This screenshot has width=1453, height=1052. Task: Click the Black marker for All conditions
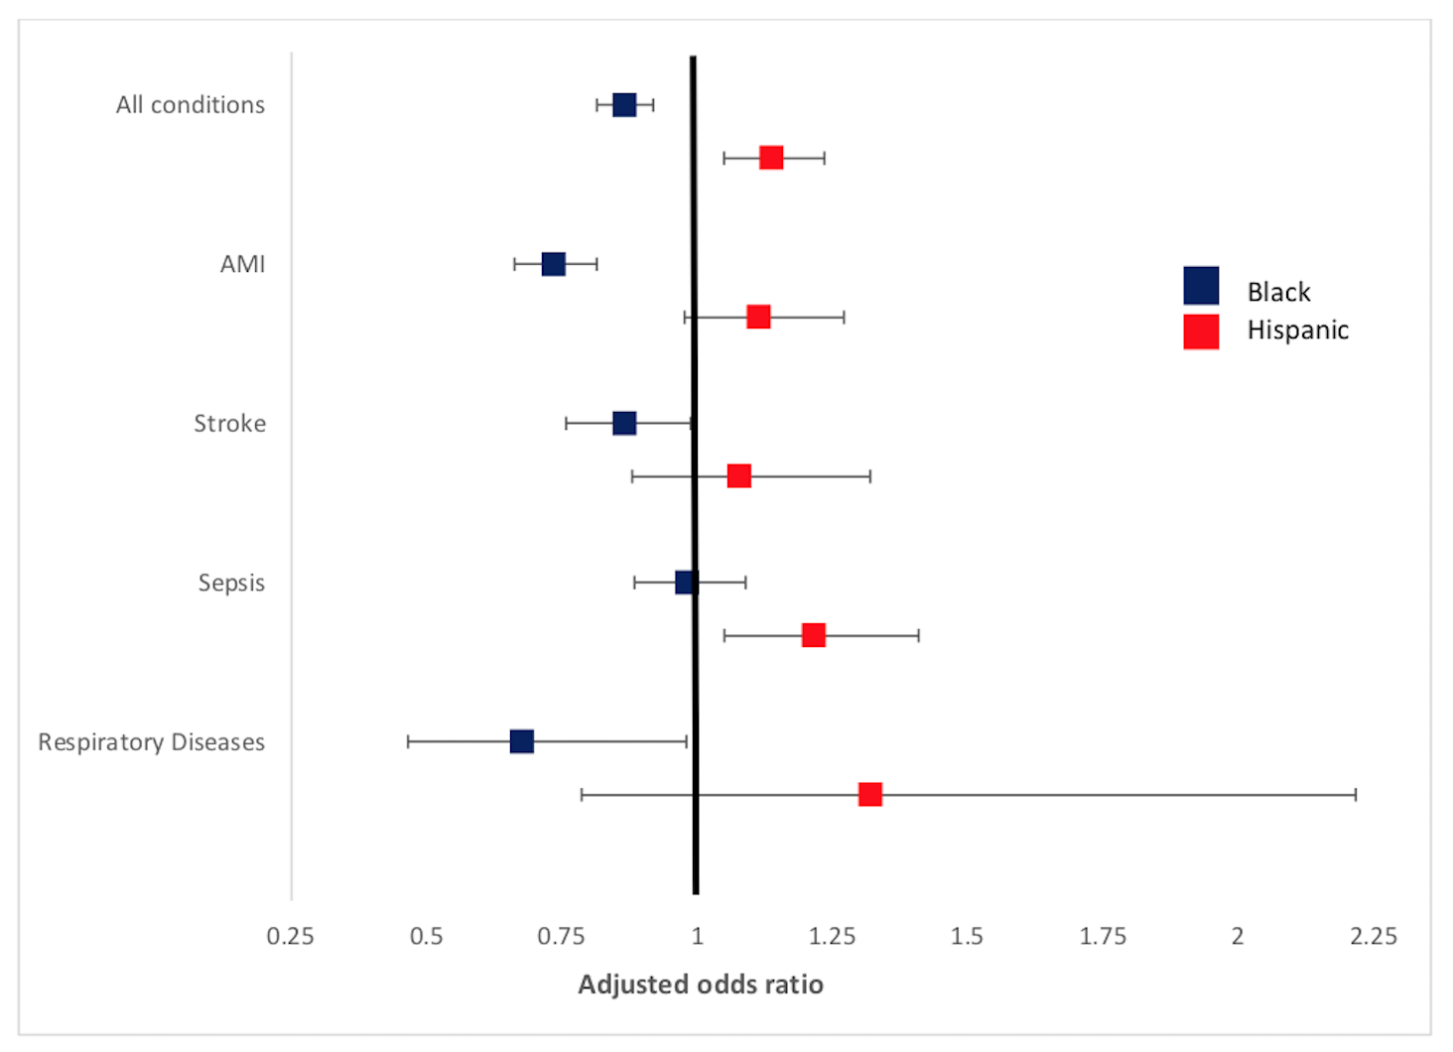(624, 105)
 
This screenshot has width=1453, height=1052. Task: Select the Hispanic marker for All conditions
(771, 158)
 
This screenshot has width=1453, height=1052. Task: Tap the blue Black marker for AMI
(554, 264)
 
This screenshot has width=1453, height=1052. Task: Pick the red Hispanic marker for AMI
(758, 317)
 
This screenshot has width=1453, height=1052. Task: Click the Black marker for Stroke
(624, 424)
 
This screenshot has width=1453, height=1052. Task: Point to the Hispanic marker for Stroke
(739, 476)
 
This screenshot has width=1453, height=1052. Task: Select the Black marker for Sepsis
(686, 583)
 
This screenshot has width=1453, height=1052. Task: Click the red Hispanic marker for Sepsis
(814, 635)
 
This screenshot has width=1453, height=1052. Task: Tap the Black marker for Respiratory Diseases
(522, 741)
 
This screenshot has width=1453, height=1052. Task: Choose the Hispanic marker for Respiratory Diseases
(870, 795)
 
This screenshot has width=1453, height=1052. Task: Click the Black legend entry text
(1278, 292)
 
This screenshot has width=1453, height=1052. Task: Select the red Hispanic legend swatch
(1201, 331)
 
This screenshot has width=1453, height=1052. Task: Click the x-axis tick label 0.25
(290, 936)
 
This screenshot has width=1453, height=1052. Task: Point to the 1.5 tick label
(967, 936)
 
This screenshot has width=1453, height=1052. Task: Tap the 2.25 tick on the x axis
(1373, 936)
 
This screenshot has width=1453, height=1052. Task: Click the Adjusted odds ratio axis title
(701, 985)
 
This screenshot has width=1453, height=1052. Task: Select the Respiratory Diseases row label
(152, 742)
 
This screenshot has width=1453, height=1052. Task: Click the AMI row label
(243, 264)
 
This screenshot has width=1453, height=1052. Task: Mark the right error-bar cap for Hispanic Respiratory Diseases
(1356, 795)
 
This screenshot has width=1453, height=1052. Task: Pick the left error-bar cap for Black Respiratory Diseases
(408, 741)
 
